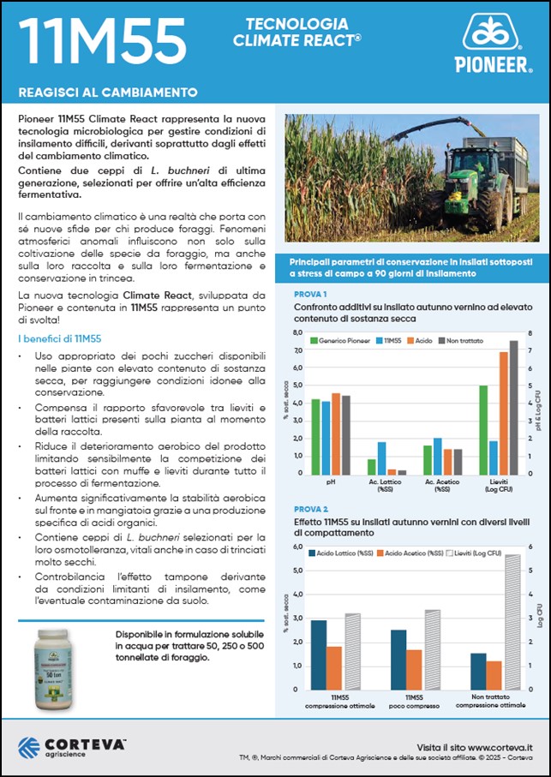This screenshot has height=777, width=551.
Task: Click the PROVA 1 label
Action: pyautogui.click(x=309, y=295)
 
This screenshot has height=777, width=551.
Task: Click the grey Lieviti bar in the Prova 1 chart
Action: pyautogui.click(x=514, y=407)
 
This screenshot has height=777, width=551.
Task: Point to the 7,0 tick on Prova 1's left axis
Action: pyautogui.click(x=298, y=350)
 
